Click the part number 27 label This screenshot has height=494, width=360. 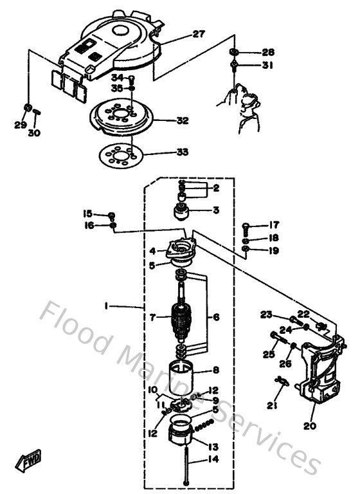[199, 34]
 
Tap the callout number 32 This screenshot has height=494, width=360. [183, 120]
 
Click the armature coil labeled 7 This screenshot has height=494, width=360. [183, 317]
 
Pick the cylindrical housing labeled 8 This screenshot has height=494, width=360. [183, 372]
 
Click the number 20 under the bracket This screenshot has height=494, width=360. [310, 426]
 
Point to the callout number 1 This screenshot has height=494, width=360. [105, 307]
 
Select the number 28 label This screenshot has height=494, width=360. [267, 51]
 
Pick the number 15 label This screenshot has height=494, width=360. [87, 214]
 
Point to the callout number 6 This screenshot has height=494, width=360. [216, 317]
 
